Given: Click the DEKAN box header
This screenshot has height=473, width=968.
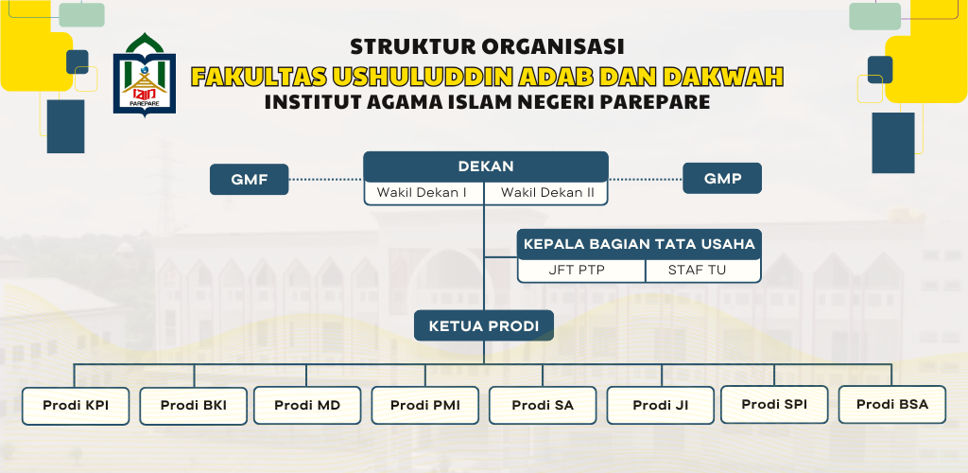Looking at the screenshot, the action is pyautogui.click(x=485, y=166).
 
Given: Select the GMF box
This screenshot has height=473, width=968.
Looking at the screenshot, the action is pyautogui.click(x=249, y=180).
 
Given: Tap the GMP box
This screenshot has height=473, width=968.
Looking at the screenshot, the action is pyautogui.click(x=721, y=179).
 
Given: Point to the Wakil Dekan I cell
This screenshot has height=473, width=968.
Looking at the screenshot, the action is pyautogui.click(x=423, y=193).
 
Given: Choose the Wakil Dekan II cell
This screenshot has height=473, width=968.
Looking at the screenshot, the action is pyautogui.click(x=546, y=193).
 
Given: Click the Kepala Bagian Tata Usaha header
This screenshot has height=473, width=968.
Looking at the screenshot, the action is pyautogui.click(x=639, y=244).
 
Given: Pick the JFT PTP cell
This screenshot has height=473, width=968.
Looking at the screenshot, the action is pyautogui.click(x=581, y=271).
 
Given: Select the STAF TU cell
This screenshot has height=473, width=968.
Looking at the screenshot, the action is pyautogui.click(x=703, y=271).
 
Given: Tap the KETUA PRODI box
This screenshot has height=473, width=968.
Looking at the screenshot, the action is pyautogui.click(x=483, y=325).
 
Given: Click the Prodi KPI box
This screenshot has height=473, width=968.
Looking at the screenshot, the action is pyautogui.click(x=76, y=406).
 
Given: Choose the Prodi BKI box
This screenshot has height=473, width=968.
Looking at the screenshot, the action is pyautogui.click(x=193, y=406).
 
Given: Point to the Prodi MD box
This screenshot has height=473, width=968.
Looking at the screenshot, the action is pyautogui.click(x=307, y=405).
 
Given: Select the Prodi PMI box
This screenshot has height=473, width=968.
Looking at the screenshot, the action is pyautogui.click(x=424, y=405).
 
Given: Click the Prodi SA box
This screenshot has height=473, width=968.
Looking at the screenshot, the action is pyautogui.click(x=543, y=405).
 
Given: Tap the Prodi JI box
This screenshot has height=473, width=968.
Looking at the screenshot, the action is pyautogui.click(x=661, y=405).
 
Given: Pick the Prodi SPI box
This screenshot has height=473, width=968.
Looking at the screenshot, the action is pyautogui.click(x=774, y=405).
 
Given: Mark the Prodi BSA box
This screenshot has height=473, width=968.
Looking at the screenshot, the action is pyautogui.click(x=892, y=405).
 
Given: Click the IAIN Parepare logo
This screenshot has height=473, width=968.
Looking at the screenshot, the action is pyautogui.click(x=145, y=74).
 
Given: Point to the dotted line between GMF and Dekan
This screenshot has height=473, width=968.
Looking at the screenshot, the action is pyautogui.click(x=326, y=180).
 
